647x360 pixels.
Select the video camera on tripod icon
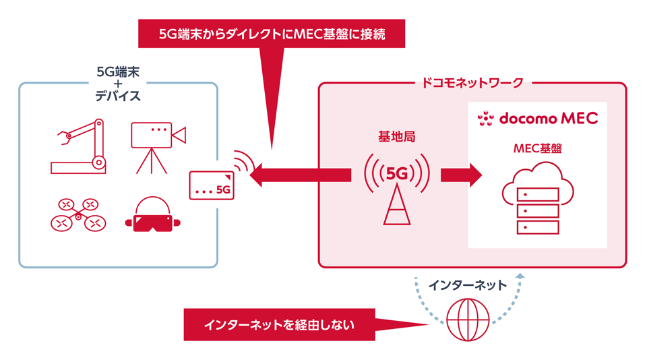[156, 146]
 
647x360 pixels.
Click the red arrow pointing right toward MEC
[461, 175]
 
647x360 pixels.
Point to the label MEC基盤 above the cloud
[537, 148]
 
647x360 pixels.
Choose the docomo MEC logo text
[548, 119]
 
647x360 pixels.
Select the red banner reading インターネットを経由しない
[279, 325]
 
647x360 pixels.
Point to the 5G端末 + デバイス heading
[118, 83]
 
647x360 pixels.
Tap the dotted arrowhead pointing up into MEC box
[519, 276]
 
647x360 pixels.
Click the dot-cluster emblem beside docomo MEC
[485, 119]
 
